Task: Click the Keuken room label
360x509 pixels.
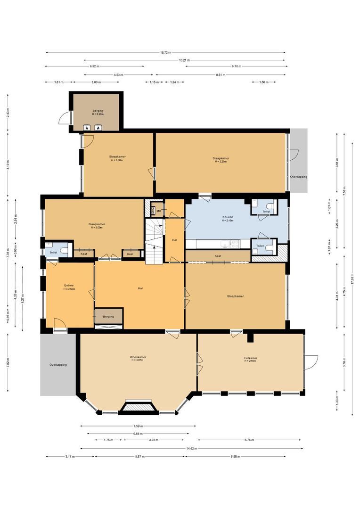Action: click(x=228, y=217)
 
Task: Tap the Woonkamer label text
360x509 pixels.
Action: click(x=138, y=357)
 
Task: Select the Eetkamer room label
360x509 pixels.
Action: click(x=250, y=358)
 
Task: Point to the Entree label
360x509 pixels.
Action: click(x=69, y=285)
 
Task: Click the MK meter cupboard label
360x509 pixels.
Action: click(x=159, y=211)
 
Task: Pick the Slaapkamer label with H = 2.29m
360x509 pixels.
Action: click(x=221, y=158)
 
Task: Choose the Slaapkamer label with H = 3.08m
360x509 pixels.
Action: click(x=117, y=156)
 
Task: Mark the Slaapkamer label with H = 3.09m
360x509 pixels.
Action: click(x=97, y=224)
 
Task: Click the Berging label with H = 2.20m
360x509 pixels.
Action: click(x=98, y=111)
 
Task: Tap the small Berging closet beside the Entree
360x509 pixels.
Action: click(x=108, y=317)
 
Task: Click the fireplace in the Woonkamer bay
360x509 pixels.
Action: click(x=138, y=407)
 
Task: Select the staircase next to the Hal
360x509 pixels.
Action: click(x=153, y=240)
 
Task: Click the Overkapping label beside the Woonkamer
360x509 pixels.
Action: click(x=58, y=365)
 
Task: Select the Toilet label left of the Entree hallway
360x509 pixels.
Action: click(x=53, y=253)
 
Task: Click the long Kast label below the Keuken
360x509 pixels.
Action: click(x=218, y=256)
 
